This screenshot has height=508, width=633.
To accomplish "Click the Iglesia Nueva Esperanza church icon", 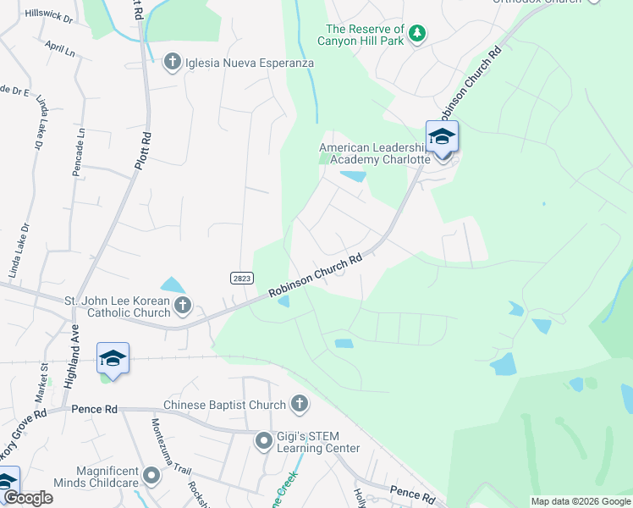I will coord(172,62).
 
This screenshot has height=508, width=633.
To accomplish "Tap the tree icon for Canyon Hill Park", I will coord(416,34).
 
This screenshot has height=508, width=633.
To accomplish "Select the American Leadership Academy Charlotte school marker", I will coord(442,137).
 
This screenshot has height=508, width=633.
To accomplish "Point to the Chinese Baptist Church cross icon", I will coord(299,405).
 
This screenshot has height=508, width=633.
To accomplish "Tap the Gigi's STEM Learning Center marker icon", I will coord(264,440).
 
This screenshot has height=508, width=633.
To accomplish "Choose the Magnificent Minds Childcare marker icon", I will coord(151,476).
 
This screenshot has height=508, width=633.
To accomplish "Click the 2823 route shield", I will coord(240,277).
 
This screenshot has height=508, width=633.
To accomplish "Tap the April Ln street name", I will coord(61,50).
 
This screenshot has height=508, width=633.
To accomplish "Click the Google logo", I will coord(29,498).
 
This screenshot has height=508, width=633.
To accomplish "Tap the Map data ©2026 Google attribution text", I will coord(580,501).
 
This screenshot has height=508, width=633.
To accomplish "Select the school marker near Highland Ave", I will coord(113,358).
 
